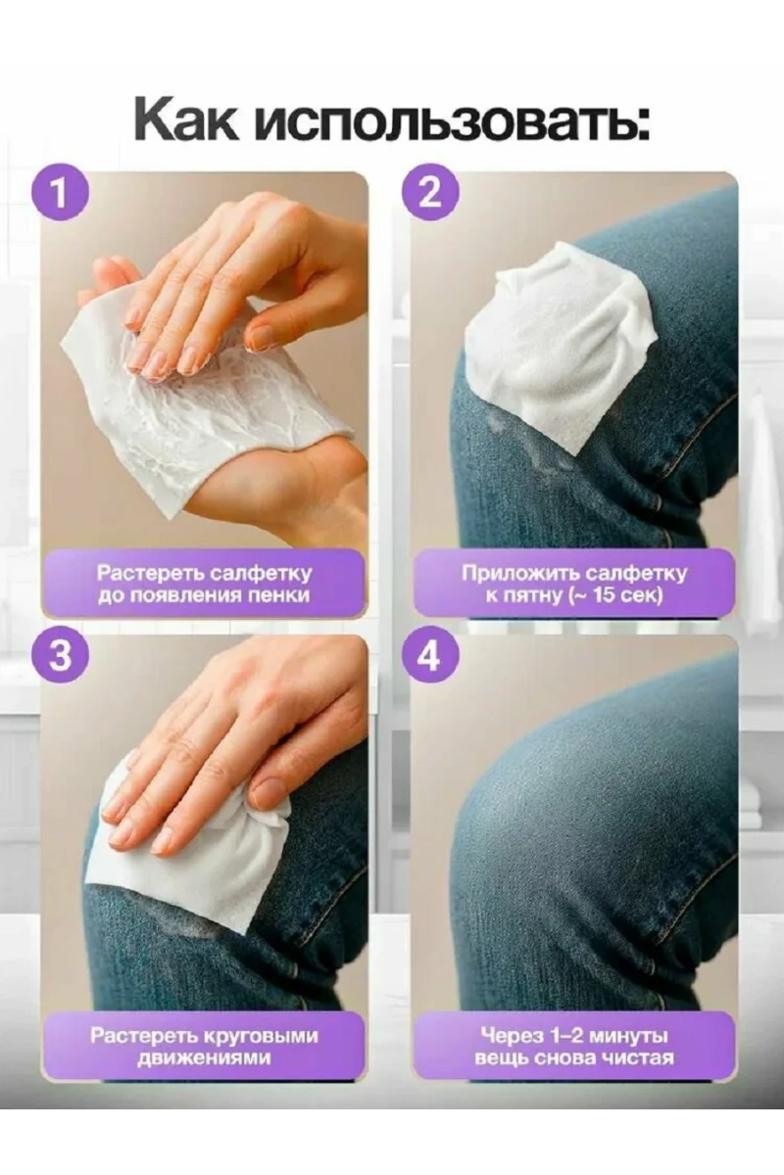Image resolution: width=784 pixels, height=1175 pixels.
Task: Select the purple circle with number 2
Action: [429, 194]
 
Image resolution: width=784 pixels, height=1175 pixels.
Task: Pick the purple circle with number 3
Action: [60, 656]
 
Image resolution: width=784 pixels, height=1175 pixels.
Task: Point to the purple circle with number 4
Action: [430, 657]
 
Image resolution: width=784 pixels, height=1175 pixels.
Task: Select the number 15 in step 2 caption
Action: [604, 596]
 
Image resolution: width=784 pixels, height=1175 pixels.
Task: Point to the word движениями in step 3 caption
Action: [204, 1058]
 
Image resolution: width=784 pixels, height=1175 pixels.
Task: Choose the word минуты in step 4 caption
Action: [628, 1037]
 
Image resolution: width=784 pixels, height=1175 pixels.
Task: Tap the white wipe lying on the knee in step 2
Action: [562, 348]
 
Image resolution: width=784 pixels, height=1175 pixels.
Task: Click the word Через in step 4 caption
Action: [505, 1037]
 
